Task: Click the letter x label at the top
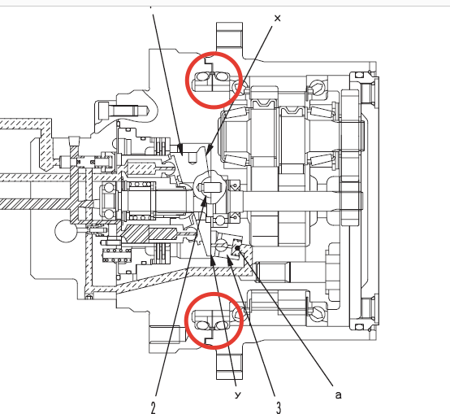point(277,19)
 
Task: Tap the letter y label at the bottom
point(238,395)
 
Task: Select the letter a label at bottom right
point(339,395)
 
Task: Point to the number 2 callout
point(154,407)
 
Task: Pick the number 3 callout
point(279,407)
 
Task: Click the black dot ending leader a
point(237,247)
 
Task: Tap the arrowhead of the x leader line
point(209,150)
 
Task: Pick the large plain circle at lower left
point(66,231)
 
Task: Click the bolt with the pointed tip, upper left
point(123,110)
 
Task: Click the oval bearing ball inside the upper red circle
point(203,76)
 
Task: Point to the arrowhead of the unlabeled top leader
point(180,148)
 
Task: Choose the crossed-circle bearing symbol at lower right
point(317,312)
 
